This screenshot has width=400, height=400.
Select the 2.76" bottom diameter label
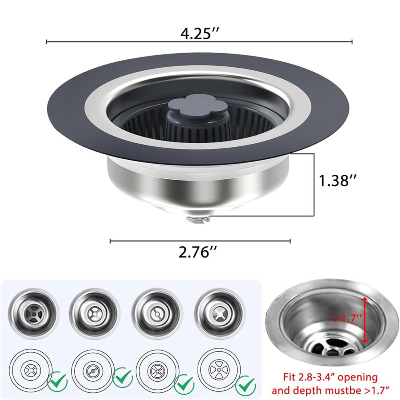pos(199,252)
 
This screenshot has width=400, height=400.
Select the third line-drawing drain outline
pos(154,370)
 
